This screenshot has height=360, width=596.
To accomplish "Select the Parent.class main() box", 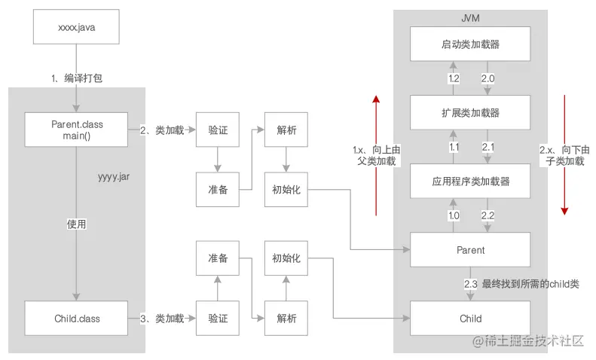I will point(77,130).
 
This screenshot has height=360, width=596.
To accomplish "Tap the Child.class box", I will point(77,319).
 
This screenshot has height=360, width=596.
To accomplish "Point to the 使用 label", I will point(77,224).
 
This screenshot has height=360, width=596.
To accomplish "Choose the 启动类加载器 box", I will point(470,44).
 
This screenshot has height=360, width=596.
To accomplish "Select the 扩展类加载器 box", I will point(470,112).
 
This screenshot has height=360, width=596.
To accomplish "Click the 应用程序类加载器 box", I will point(470,181).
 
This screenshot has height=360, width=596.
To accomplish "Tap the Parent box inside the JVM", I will point(470,250).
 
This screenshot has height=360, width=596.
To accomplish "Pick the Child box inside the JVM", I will point(470,319).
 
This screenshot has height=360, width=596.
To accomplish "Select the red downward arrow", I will point(564,154).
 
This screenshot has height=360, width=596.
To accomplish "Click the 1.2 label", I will point(454,79).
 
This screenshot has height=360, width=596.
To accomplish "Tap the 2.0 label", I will point(487,79).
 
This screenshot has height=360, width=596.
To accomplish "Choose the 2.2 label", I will point(487,215).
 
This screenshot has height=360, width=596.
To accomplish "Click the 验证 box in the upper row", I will point(218,130).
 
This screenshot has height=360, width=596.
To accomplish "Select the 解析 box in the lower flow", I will point(286,319).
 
